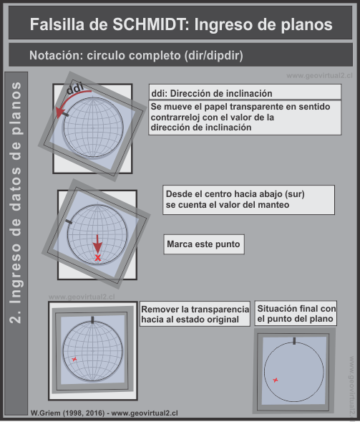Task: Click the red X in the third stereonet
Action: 74,358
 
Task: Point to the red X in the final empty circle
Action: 276,379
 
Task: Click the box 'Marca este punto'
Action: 203,244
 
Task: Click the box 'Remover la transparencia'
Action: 195,313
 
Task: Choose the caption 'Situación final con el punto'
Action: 296,313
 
